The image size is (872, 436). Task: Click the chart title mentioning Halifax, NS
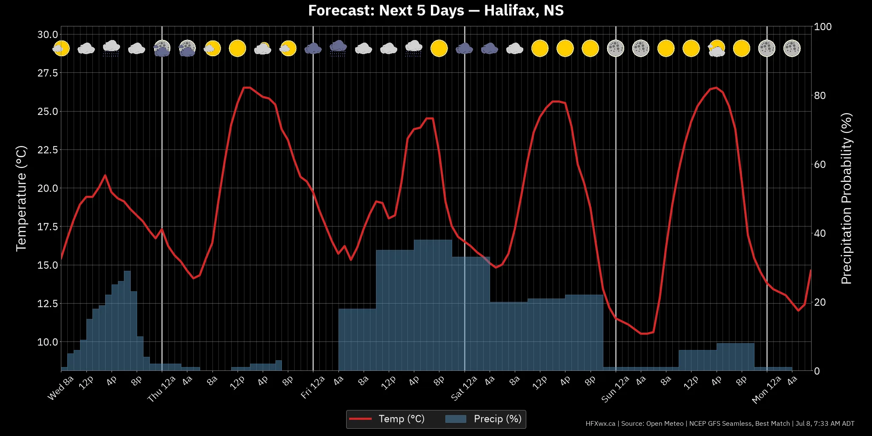pos(436,10)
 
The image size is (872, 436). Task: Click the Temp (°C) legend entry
pos(387,419)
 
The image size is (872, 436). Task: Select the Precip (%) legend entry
pos(484,419)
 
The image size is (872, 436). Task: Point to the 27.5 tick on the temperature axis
pos(48,73)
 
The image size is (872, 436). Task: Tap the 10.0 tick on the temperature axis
pos(48,342)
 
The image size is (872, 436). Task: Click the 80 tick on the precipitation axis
pos(820,95)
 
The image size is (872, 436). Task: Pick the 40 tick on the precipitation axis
pos(820,233)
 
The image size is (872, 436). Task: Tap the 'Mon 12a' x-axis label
pos(766,389)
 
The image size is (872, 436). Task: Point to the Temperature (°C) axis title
pos(21,198)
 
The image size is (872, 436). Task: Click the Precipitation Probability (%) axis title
pos(846,198)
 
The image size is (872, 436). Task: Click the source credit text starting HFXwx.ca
pos(720,424)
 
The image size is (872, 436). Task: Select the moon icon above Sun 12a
pos(616,49)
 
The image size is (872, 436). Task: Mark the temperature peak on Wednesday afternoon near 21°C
pos(105,175)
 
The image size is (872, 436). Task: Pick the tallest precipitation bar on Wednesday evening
pos(127,321)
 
